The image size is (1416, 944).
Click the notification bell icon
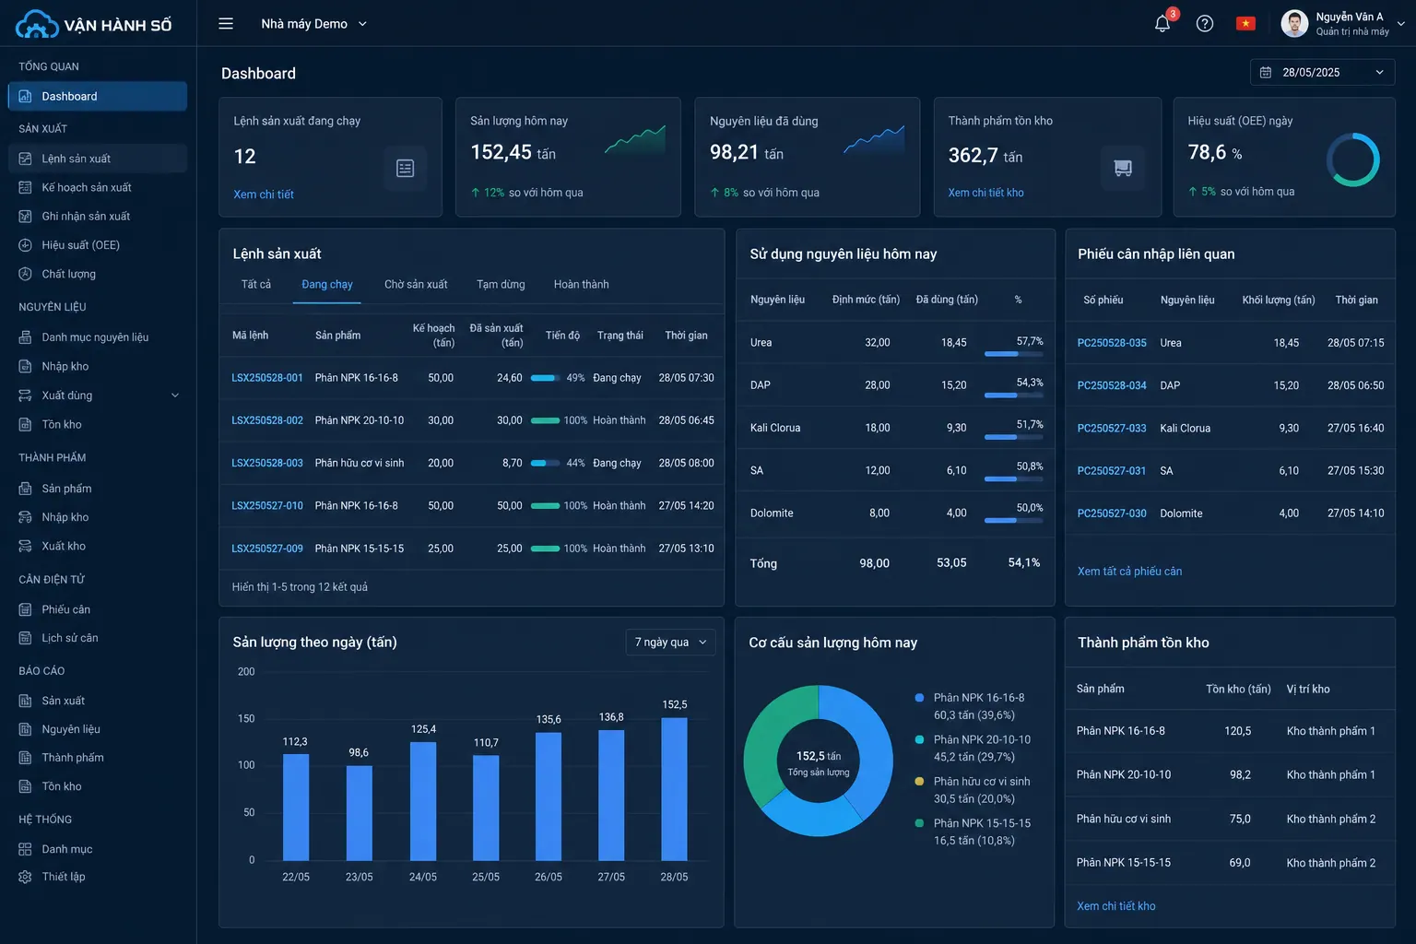coord(1162,24)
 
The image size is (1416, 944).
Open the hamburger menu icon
coord(226,24)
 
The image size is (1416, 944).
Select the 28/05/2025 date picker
coord(1323,72)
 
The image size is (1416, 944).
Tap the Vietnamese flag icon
coord(1245,24)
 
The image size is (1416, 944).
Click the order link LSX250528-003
coord(267,463)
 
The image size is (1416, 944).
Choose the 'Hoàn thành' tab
coord(581,285)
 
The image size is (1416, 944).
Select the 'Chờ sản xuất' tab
coord(416,285)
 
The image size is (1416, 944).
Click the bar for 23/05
coord(359,813)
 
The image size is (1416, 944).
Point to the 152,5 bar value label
coord(675,704)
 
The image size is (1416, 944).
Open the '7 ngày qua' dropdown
coord(671,643)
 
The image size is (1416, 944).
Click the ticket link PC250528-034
coord(1111,385)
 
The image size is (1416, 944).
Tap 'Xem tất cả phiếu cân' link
coord(1129,571)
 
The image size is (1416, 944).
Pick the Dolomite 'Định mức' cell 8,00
coord(879,513)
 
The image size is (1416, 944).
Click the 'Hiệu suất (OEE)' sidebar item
coord(80,244)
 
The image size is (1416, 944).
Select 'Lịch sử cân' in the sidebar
coord(69,638)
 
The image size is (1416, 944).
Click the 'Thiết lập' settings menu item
coord(64,877)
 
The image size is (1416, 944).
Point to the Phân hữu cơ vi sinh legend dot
coord(919,782)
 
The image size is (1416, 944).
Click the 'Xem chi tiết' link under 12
coord(264,195)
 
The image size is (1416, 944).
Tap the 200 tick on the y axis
coord(246,671)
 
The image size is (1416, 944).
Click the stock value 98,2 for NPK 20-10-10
coord(1240,774)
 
